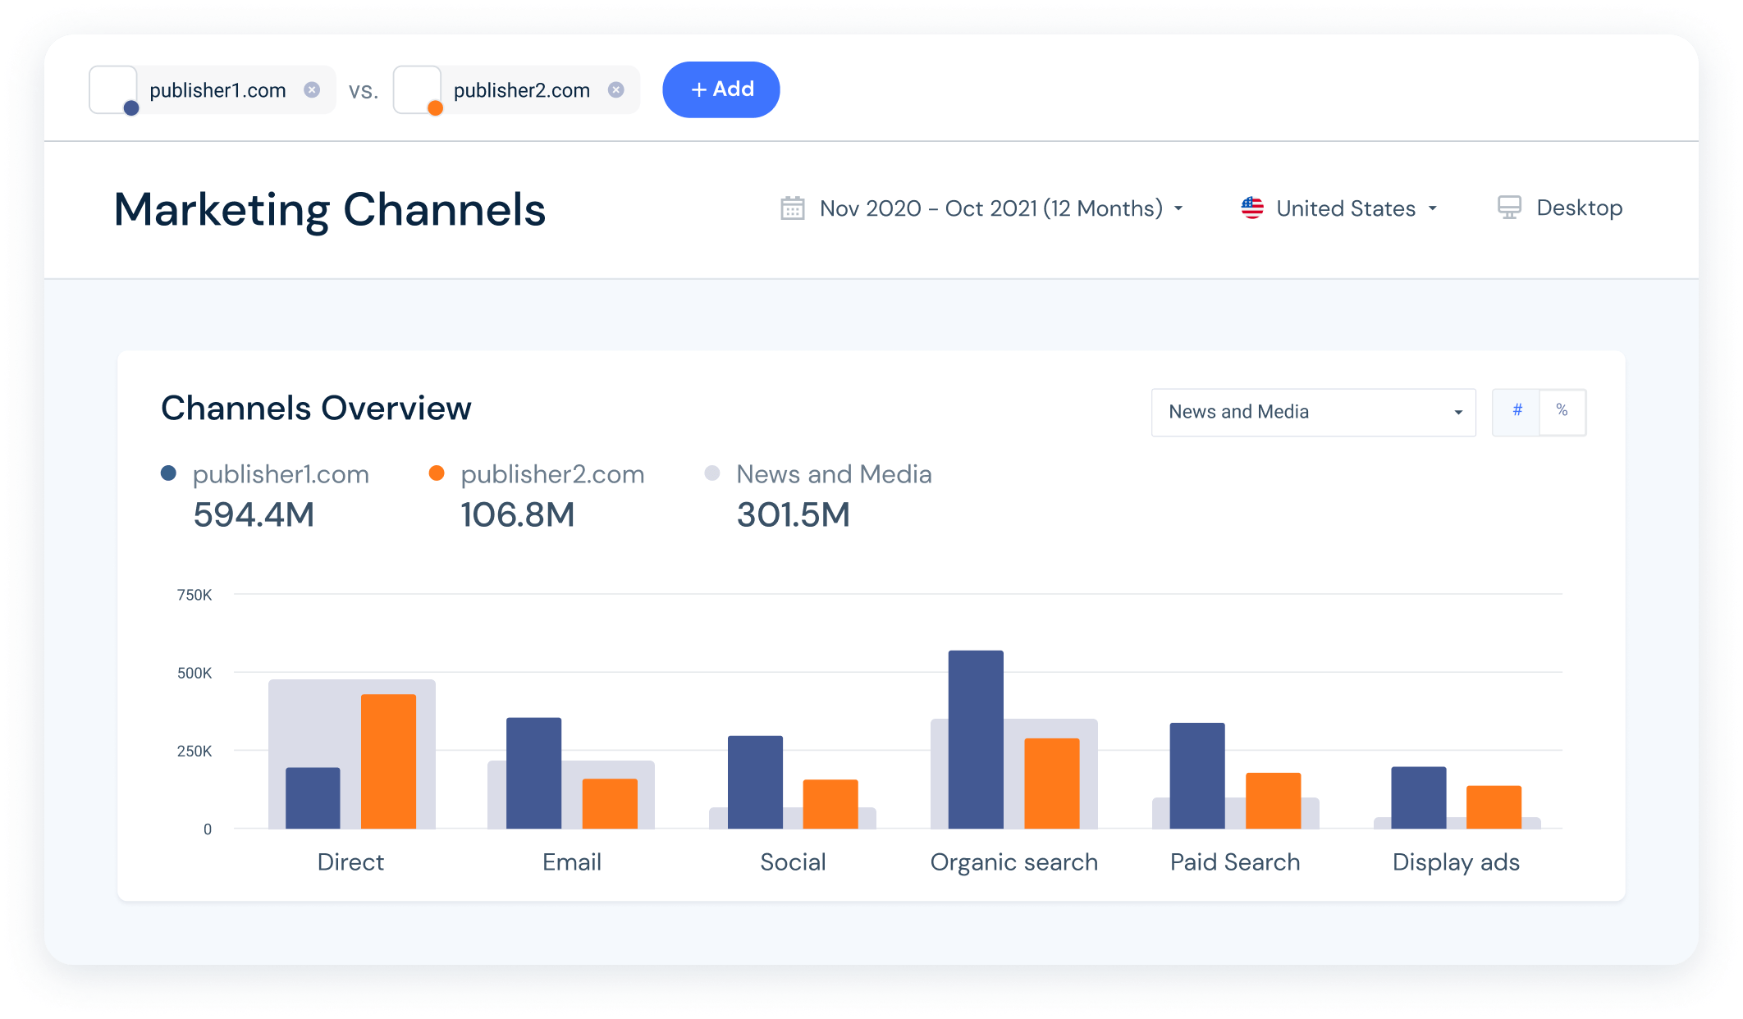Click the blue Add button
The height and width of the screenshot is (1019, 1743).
721,89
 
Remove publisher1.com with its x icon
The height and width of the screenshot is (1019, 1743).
312,89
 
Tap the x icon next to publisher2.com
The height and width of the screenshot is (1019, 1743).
615,89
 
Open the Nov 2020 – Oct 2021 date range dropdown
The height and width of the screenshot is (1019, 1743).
990,208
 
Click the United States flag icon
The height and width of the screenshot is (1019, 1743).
1252,208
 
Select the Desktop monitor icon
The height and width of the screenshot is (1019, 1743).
1509,208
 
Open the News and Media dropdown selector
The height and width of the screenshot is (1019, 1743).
1313,412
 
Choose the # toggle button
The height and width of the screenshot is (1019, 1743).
1517,411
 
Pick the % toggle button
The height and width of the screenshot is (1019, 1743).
1562,411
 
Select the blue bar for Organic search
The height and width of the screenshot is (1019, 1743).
976,738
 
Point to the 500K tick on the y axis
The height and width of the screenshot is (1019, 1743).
194,673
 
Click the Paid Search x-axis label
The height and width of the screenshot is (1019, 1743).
1234,861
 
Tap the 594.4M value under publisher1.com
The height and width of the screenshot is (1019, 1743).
254,515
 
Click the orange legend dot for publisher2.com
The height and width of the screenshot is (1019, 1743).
437,473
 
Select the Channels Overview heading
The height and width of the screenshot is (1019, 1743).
316,408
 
